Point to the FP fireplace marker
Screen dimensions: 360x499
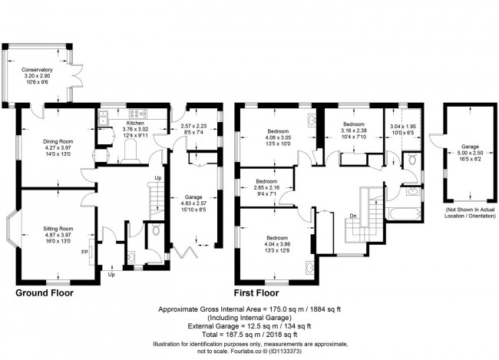(x=86, y=251)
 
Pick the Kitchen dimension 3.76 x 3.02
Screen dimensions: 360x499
(x=135, y=130)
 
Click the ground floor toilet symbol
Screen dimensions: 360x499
(x=155, y=229)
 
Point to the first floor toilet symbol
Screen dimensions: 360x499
(x=412, y=161)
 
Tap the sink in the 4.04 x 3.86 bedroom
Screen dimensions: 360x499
(x=309, y=269)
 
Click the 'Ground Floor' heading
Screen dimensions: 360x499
(x=48, y=293)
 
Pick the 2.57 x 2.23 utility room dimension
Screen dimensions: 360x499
(x=194, y=126)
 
